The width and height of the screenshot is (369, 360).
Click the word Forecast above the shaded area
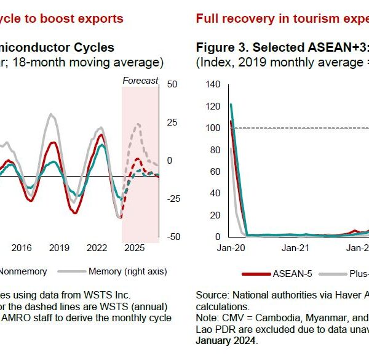pos(140,81)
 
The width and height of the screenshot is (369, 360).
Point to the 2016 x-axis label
pos(22,248)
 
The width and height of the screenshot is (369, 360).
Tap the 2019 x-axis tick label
pos(59,248)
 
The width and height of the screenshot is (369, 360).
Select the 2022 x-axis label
pos(97,248)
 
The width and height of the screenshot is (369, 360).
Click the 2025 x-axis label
pos(134,248)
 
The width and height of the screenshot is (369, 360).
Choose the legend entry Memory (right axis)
pos(127,271)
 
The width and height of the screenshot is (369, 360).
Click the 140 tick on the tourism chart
pos(213,84)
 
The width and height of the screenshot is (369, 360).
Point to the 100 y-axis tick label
pos(213,128)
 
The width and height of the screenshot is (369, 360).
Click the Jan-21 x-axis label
pos(295,248)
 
